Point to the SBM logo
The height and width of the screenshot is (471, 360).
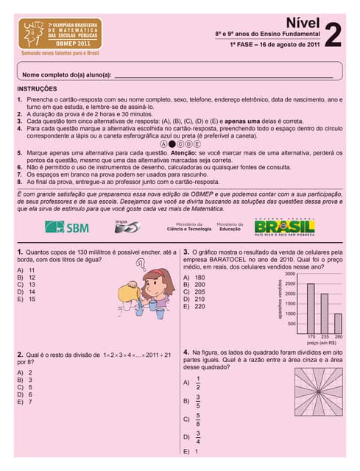click(68, 227)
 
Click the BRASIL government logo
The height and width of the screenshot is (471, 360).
click(284, 227)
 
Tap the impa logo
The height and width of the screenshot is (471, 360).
click(126, 226)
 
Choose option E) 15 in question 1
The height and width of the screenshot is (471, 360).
click(26, 300)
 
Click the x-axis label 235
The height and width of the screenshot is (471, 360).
click(324, 336)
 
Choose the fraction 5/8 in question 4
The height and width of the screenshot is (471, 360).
click(197, 419)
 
